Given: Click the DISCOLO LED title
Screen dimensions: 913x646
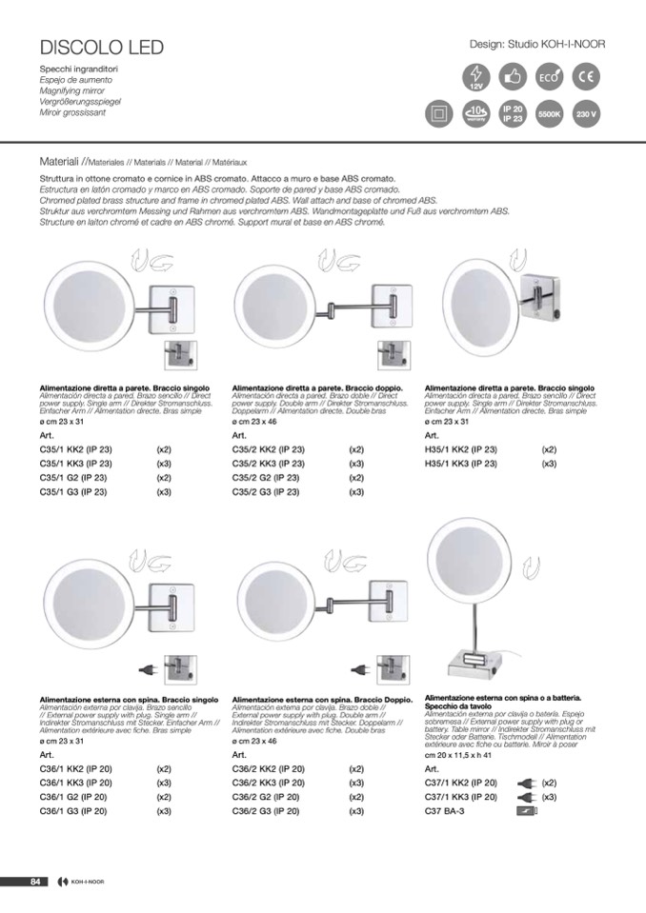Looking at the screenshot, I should (102, 48).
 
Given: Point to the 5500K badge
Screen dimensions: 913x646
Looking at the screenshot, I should (551, 113).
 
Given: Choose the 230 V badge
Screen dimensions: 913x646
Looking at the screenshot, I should (588, 113).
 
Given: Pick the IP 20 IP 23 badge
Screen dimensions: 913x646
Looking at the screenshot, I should (513, 113).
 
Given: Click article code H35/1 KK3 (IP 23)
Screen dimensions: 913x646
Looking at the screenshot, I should (460, 464).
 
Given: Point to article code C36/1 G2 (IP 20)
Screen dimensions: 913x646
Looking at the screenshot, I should (73, 797).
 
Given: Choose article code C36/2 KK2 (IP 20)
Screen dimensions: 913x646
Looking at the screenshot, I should (269, 768).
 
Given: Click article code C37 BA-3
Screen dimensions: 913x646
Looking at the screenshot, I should (445, 811).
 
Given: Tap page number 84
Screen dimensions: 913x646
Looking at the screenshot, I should (34, 881).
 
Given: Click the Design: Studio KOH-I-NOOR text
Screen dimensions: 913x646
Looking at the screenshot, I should (537, 44).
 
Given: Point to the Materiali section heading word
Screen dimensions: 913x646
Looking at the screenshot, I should (59, 162).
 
